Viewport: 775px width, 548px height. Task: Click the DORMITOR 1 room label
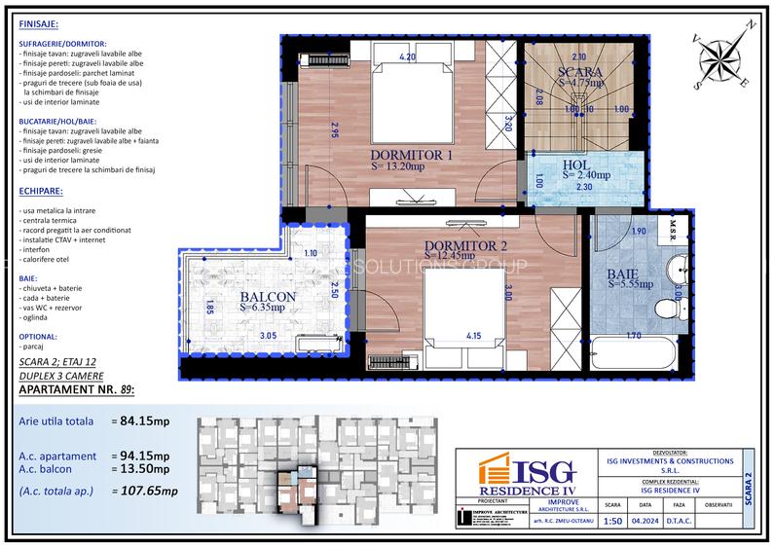tap(412, 155)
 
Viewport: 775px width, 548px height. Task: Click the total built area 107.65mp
tap(145, 493)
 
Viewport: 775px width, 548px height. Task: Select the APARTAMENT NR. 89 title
tap(76, 391)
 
